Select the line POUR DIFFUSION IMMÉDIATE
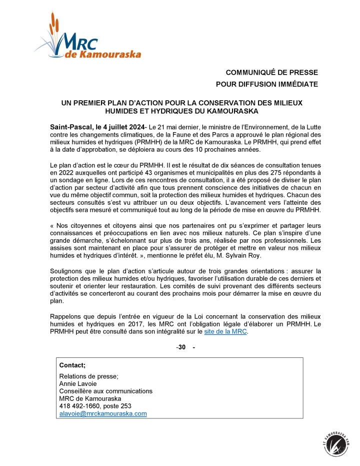coord(266,84)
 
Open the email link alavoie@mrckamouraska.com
coord(103,413)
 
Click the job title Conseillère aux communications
coord(106,391)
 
